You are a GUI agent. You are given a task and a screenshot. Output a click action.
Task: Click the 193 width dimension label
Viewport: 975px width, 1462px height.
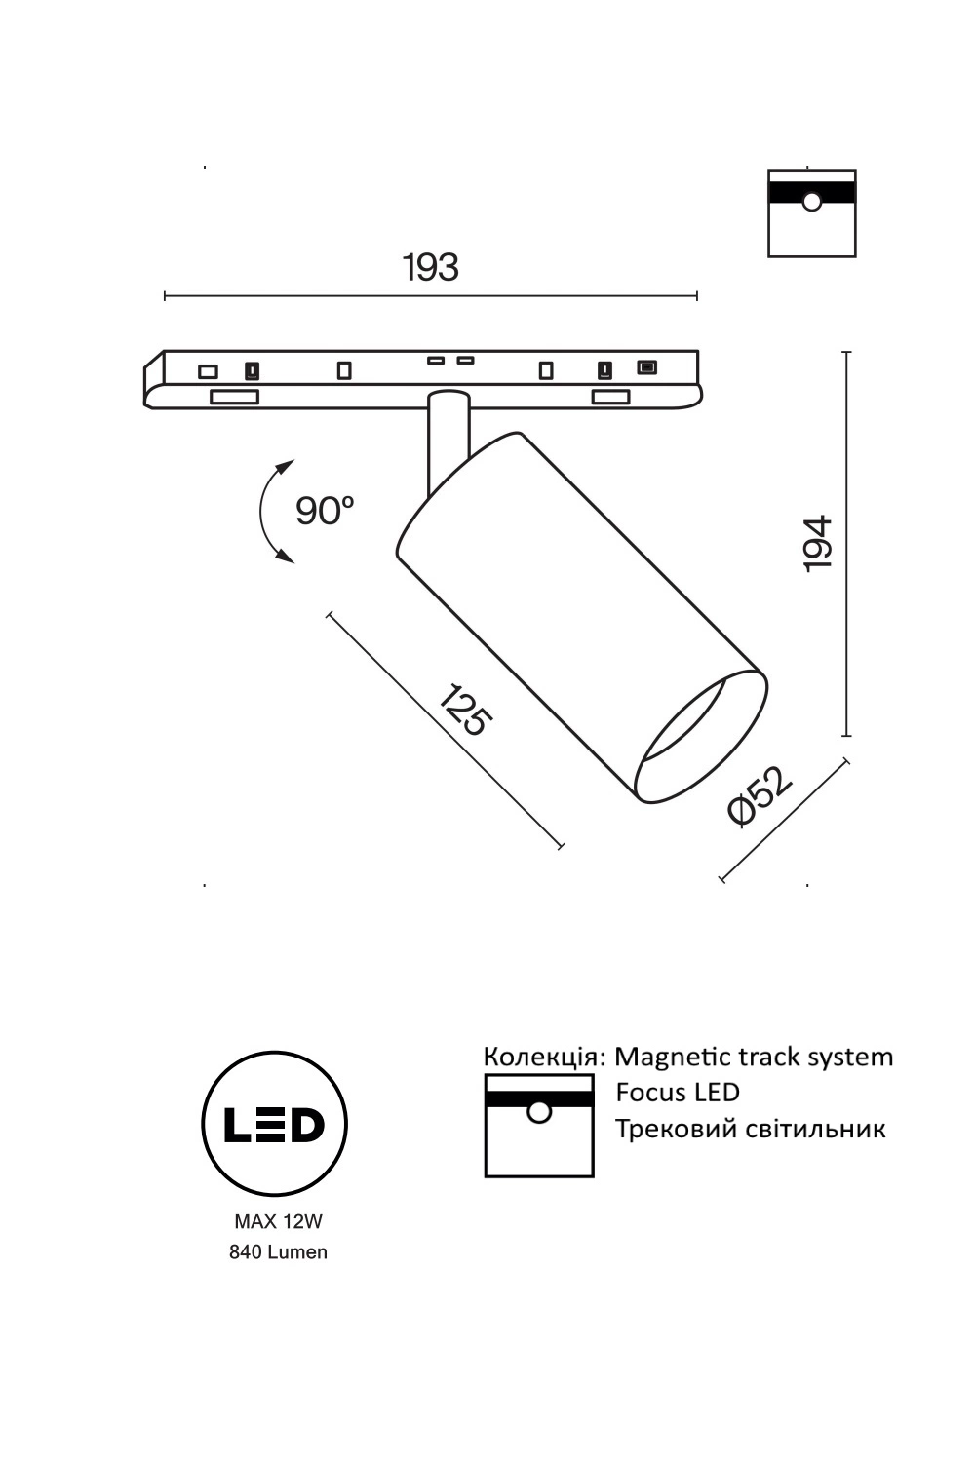click(430, 267)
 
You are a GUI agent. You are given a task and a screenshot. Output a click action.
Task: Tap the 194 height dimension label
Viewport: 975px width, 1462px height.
click(817, 544)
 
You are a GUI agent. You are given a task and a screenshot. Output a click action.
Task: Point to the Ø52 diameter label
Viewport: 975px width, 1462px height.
click(760, 796)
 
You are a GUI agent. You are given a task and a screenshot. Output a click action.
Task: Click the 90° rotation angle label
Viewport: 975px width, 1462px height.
click(324, 510)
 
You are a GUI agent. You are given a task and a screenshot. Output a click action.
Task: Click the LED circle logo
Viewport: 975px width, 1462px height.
click(274, 1123)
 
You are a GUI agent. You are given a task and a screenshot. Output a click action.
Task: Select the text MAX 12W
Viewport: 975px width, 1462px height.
click(278, 1220)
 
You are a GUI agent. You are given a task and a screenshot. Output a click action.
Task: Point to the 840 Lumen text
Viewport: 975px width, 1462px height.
click(278, 1252)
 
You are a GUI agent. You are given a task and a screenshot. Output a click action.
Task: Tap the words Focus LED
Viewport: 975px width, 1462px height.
click(678, 1093)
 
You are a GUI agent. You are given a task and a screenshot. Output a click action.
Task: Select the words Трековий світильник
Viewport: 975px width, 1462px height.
click(750, 1129)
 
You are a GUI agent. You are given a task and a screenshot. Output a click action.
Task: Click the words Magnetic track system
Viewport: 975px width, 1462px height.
click(754, 1057)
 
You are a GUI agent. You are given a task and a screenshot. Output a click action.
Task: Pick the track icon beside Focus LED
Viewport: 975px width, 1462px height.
click(539, 1126)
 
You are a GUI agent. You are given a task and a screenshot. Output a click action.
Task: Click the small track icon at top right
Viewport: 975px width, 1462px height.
click(811, 212)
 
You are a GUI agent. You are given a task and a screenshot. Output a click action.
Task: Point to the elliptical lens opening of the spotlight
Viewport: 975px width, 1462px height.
click(700, 738)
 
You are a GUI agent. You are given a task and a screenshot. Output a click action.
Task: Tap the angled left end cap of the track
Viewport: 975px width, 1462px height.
click(153, 381)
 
